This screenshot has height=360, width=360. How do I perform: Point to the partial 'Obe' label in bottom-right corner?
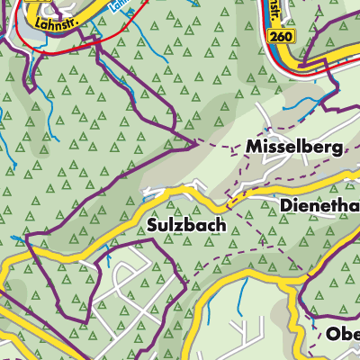(x=342, y=333)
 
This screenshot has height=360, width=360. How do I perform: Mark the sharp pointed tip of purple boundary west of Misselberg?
(x=197, y=140)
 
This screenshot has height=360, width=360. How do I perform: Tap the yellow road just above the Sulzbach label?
(x=180, y=193)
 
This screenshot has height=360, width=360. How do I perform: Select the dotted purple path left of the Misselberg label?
(x=220, y=144)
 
